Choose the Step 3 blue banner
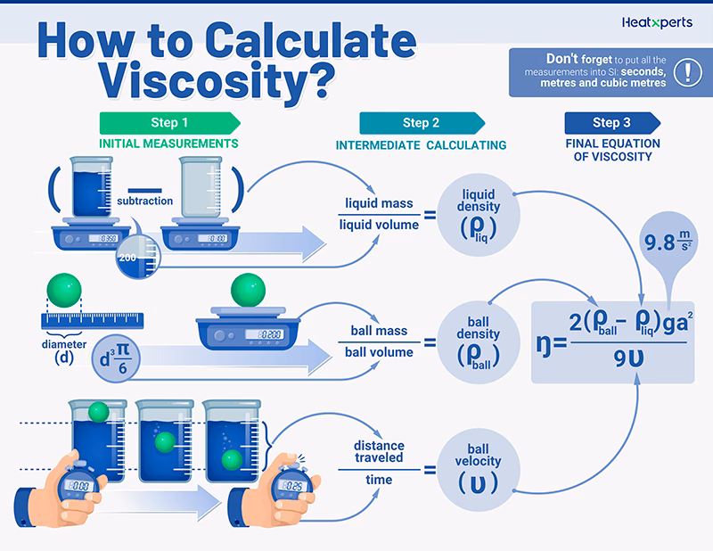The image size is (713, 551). [x=612, y=123]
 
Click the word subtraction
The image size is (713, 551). [x=144, y=201]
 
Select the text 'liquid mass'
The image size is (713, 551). [x=380, y=203]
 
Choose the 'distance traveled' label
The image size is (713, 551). [x=379, y=451]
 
